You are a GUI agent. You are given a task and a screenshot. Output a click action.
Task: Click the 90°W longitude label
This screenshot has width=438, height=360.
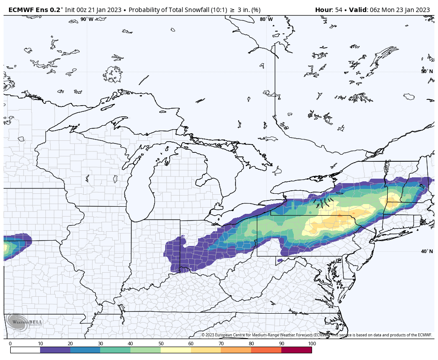pyautogui.click(x=87, y=19)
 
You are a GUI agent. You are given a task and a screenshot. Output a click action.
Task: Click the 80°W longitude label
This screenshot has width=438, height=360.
pyautogui.click(x=266, y=19)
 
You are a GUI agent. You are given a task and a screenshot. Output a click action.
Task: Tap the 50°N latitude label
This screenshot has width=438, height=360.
pyautogui.click(x=426, y=71)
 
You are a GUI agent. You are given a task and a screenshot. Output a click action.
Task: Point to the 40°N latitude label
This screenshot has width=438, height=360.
pyautogui.click(x=426, y=251)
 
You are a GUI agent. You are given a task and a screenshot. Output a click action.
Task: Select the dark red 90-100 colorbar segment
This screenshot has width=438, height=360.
pyautogui.click(x=296, y=350)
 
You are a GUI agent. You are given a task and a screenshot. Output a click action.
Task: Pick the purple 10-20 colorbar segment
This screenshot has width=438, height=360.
pyautogui.click(x=55, y=350)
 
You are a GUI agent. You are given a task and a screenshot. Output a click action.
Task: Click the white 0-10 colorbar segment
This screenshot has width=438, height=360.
pyautogui.click(x=25, y=350)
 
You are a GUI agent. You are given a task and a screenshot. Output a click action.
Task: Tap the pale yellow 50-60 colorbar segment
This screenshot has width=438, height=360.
pyautogui.click(x=176, y=350)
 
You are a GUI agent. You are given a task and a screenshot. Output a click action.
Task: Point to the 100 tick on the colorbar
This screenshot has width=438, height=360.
pyautogui.click(x=312, y=344)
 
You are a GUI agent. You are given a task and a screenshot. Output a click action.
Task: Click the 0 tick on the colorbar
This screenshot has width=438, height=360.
pyautogui.click(x=10, y=344)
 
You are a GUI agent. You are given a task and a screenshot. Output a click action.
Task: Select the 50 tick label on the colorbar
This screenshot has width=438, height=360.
pyautogui.click(x=161, y=344)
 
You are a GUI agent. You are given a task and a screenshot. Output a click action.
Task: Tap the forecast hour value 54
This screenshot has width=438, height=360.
pyautogui.click(x=339, y=10)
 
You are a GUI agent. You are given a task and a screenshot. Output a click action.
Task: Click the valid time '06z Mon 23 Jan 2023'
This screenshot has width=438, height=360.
pyautogui.click(x=400, y=10)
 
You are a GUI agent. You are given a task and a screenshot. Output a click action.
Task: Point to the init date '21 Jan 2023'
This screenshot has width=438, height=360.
pyautogui.click(x=107, y=10)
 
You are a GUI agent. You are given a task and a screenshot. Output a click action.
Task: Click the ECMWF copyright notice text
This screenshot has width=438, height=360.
pyautogui.click(x=316, y=335)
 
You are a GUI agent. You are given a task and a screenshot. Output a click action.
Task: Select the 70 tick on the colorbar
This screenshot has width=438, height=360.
pyautogui.click(x=221, y=344)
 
